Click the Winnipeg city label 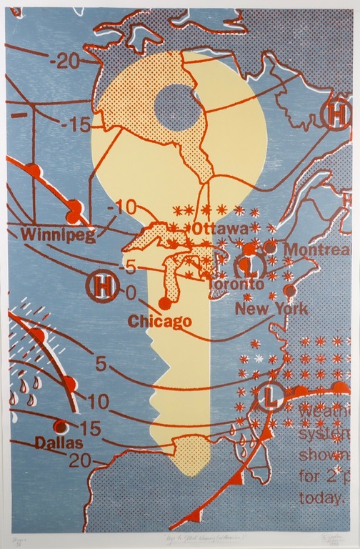click(x=58, y=234)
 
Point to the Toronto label click(x=231, y=284)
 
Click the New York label click(x=271, y=310)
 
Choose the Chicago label click(x=160, y=321)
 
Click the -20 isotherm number click(x=64, y=61)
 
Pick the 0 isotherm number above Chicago click(x=131, y=292)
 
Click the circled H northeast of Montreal click(x=336, y=114)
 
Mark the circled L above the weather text click(x=272, y=395)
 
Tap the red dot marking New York click(x=289, y=291)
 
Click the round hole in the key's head click(x=178, y=107)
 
